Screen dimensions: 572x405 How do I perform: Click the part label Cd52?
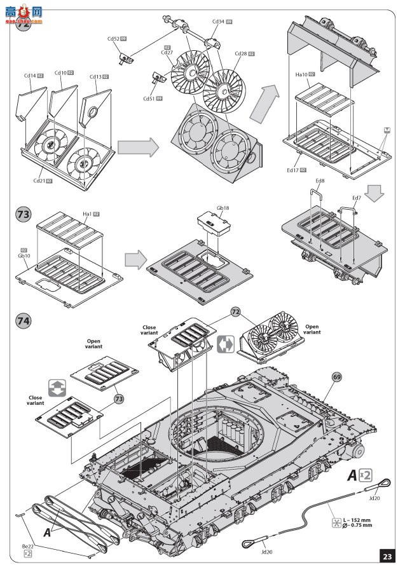pos(113,39)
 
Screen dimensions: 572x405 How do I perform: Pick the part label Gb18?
pos(223,208)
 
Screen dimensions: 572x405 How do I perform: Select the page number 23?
pos(387,556)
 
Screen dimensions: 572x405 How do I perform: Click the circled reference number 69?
pos(336,376)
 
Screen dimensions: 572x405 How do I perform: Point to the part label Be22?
pos(27,547)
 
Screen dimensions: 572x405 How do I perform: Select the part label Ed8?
pos(320,181)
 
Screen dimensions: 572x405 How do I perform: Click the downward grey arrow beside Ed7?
pos(375,194)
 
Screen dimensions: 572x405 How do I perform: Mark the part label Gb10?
pos(24,256)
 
